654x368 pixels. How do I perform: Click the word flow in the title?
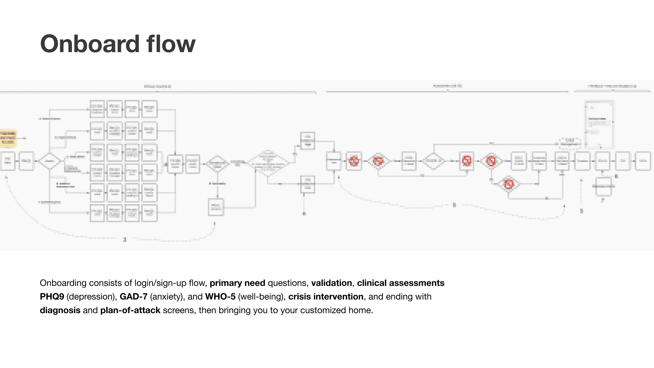point(171,44)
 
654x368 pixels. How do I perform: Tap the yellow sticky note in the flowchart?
point(8,138)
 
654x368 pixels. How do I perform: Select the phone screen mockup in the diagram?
point(599,124)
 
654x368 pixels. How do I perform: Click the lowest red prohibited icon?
point(509,184)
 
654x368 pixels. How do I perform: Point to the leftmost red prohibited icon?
point(354,161)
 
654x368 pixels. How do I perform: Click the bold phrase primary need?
point(237,283)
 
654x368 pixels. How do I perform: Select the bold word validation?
point(331,283)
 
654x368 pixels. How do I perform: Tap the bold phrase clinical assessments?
point(401,283)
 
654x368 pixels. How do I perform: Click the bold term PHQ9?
point(52,297)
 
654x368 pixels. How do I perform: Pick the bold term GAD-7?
point(134,297)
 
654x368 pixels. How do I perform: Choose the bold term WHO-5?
point(220,297)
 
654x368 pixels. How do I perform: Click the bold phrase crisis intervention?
point(326,297)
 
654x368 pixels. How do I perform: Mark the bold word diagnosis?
point(60,310)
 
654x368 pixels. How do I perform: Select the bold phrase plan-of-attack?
point(130,310)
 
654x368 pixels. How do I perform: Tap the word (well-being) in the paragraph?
point(262,297)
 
